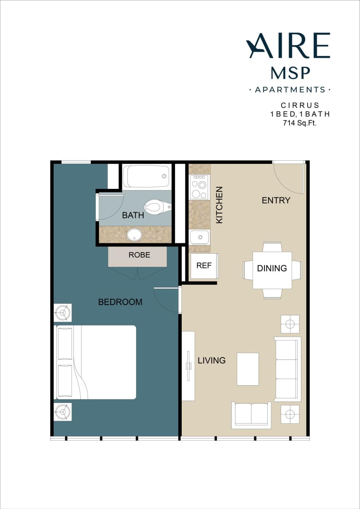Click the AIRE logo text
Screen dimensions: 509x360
[288, 46]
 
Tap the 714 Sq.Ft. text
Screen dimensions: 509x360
[300, 123]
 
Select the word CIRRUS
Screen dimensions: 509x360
[300, 105]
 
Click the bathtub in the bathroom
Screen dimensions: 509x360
[146, 176]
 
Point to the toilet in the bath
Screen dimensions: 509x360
[157, 206]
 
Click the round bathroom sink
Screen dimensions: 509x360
[134, 234]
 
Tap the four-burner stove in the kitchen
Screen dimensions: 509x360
[199, 187]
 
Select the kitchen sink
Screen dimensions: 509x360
[199, 237]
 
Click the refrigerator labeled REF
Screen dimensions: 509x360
[204, 266]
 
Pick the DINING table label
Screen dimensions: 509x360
[272, 268]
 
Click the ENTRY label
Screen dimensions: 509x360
[276, 200]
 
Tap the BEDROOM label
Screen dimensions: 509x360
[120, 302]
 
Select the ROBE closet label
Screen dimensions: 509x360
[139, 255]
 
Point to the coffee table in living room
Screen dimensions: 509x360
[248, 369]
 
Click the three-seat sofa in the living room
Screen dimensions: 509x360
[287, 369]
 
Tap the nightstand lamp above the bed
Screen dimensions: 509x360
[63, 313]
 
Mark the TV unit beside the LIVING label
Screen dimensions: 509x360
[188, 366]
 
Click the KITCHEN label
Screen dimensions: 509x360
[219, 205]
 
